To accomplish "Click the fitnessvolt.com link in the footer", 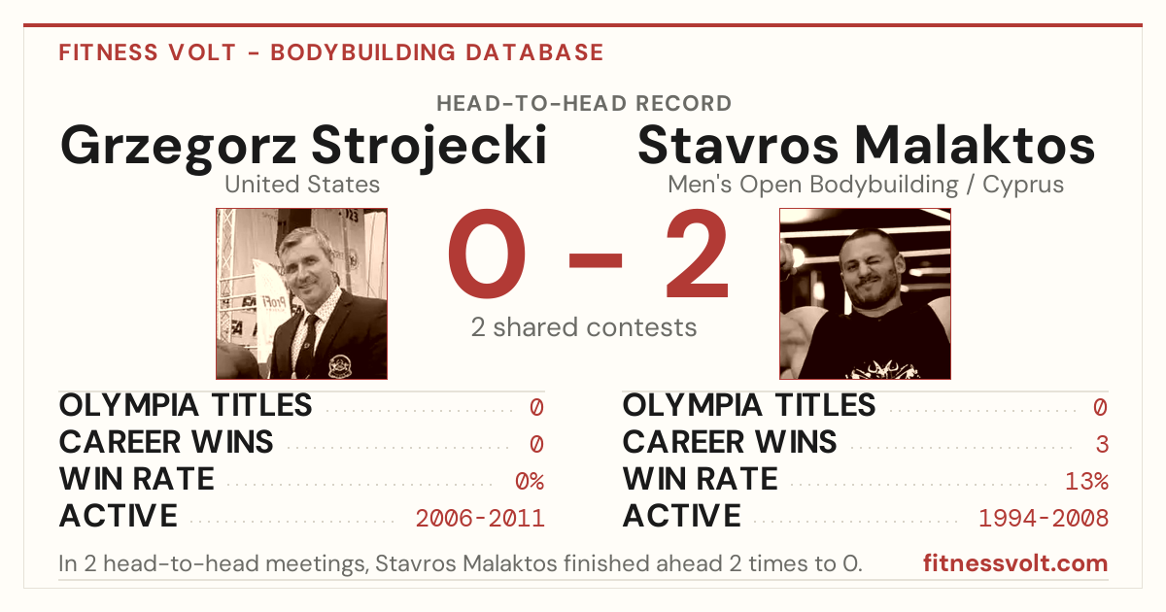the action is point(1015,563).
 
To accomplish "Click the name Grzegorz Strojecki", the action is point(303,147).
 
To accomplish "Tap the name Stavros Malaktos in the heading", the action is point(866,145).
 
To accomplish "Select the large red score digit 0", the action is point(487,254).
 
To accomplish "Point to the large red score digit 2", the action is point(698,254).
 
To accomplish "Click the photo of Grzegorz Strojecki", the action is point(302,294).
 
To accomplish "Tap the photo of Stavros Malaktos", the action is point(865,294).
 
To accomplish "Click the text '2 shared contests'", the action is point(584,327).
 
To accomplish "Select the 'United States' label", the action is point(302,185).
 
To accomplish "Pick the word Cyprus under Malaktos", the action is point(1023,186).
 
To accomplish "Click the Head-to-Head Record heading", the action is point(584,104).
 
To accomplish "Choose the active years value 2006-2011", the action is point(480,519).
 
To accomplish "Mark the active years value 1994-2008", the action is point(1044,519).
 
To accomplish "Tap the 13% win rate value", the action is point(1086,482).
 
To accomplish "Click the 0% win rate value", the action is point(530,482).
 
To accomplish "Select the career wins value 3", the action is point(1102,445).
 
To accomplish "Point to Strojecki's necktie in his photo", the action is point(307,345).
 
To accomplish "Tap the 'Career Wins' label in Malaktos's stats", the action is point(730,442).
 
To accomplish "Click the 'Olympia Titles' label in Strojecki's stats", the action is point(186,405).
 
